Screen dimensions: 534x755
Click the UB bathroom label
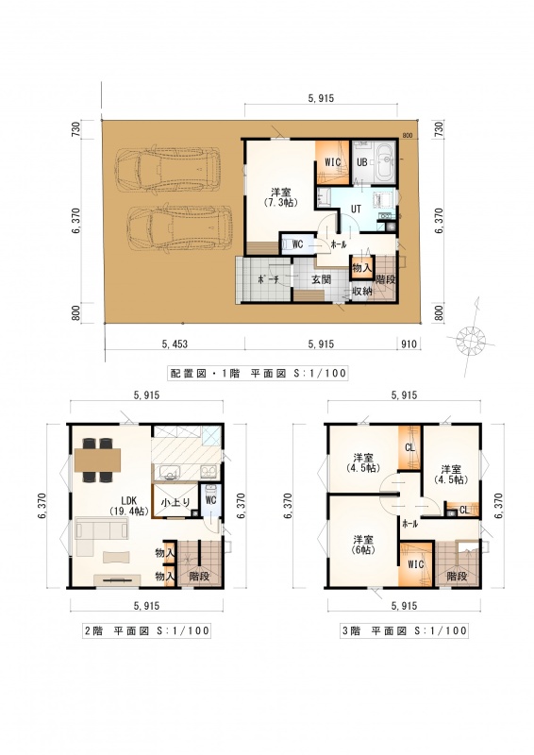(x=361, y=162)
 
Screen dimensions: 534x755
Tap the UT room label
(x=356, y=209)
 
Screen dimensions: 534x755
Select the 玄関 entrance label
(x=321, y=279)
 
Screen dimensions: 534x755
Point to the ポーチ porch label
(x=269, y=279)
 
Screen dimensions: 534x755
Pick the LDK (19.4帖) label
(x=128, y=506)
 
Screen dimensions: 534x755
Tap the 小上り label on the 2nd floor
(x=175, y=502)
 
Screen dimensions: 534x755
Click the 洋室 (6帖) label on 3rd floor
(x=362, y=545)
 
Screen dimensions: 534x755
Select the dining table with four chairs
(x=97, y=460)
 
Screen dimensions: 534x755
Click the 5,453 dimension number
(x=175, y=344)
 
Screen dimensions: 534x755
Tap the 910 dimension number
(x=409, y=344)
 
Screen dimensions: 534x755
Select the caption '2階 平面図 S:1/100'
(x=147, y=630)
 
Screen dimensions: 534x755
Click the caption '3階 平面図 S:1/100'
(x=404, y=630)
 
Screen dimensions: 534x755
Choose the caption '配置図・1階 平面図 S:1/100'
(x=258, y=373)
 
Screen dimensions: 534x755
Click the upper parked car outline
(x=167, y=170)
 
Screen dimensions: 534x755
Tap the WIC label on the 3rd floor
(x=415, y=563)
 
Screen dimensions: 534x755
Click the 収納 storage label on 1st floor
(x=361, y=291)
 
